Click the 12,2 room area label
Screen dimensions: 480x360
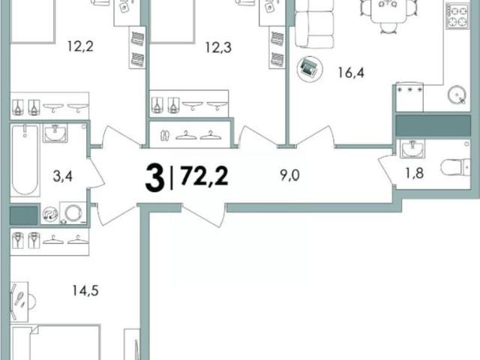[x=80, y=46]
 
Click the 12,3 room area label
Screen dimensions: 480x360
[x=218, y=47]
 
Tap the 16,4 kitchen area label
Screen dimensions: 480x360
[x=351, y=73]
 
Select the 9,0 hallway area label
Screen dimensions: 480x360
[x=289, y=175]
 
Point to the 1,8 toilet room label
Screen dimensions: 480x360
[x=415, y=173]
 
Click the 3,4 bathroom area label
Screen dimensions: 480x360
[x=63, y=177]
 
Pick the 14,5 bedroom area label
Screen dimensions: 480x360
[x=85, y=290]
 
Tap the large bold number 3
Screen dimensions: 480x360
[x=154, y=178]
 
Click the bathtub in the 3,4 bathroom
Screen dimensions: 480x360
[x=25, y=160]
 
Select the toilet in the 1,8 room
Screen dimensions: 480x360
[x=455, y=167]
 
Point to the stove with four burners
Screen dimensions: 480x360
[x=457, y=16]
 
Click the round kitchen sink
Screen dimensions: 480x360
[x=457, y=94]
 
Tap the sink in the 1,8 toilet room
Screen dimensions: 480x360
[x=412, y=148]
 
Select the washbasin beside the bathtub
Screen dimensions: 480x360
[x=55, y=133]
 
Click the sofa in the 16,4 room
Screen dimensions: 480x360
[x=313, y=25]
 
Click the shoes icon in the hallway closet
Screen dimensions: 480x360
[x=165, y=135]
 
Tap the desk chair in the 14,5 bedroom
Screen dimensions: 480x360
[x=31, y=301]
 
